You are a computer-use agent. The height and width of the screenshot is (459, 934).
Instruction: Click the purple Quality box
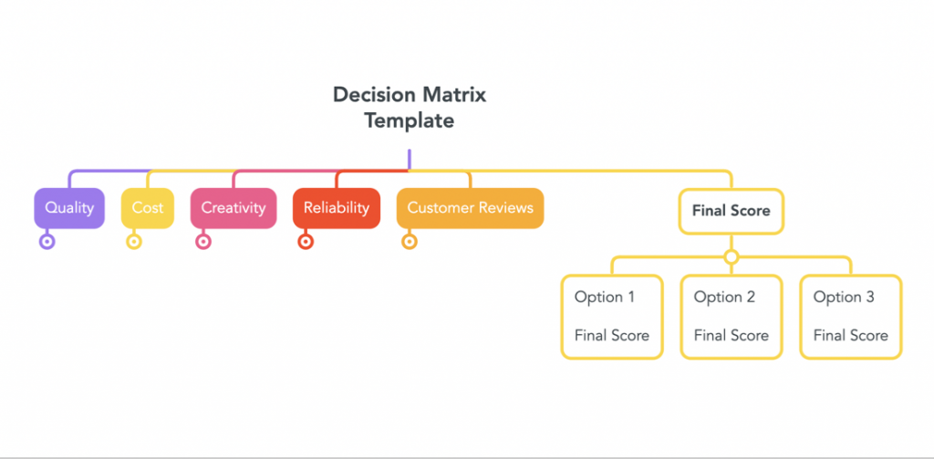[x=69, y=208]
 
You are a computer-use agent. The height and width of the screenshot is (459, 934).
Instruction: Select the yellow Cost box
[x=147, y=208]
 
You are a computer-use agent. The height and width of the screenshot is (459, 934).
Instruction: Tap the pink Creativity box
[x=233, y=208]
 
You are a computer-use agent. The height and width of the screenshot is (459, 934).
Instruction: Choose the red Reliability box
[x=336, y=208]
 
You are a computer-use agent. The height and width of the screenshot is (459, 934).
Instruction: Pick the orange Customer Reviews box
[x=470, y=208]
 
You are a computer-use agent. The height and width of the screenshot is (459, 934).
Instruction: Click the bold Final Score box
[x=731, y=211]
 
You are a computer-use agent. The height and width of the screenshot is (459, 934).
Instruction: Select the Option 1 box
[x=612, y=317]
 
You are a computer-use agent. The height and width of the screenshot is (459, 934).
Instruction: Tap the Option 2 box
[x=732, y=317]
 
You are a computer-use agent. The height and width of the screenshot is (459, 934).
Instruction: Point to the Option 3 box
[x=851, y=317]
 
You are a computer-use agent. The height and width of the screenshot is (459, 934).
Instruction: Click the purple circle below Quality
[x=47, y=242]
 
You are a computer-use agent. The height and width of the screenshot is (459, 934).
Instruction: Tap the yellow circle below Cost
[x=134, y=242]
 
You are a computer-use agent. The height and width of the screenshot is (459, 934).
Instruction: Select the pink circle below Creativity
[x=203, y=242]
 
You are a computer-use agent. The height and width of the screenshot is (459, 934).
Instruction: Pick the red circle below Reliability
[x=306, y=242]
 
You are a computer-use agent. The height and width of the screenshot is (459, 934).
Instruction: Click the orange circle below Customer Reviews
[x=410, y=242]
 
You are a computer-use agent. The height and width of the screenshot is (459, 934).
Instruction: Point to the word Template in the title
[x=410, y=121]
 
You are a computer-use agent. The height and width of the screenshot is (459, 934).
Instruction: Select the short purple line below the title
[x=410, y=159]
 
